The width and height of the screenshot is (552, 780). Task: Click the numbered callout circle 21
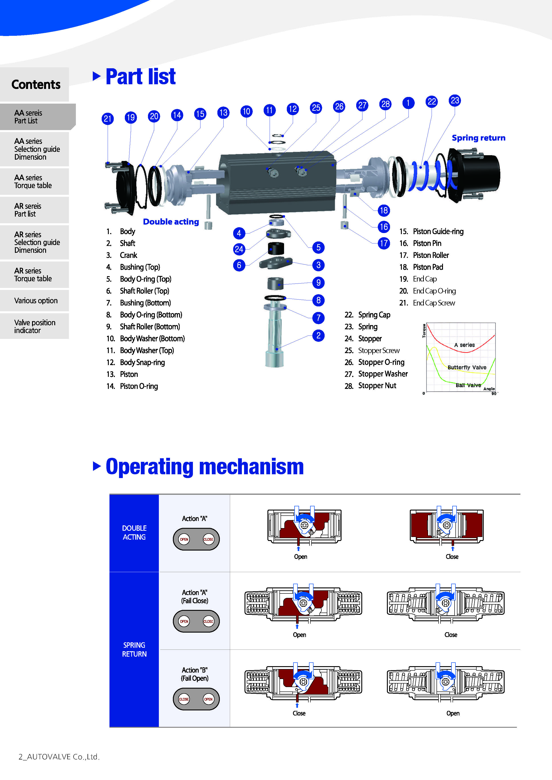click(x=108, y=119)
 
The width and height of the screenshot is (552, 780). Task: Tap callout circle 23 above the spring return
click(x=455, y=101)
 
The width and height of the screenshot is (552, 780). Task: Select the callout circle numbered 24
click(x=239, y=249)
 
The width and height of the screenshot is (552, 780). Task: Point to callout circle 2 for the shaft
click(x=318, y=336)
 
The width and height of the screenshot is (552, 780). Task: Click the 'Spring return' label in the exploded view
click(x=478, y=138)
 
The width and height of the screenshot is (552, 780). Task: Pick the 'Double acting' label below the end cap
click(x=171, y=222)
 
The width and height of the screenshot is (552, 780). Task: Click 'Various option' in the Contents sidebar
click(x=36, y=301)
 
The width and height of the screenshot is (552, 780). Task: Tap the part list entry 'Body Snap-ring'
click(x=142, y=362)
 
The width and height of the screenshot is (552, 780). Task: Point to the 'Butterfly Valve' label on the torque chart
click(x=467, y=368)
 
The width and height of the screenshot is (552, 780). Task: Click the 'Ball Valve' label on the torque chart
click(x=468, y=385)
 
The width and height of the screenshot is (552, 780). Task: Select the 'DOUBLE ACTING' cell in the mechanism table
click(x=134, y=533)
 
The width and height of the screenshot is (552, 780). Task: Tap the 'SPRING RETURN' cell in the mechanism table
click(x=134, y=649)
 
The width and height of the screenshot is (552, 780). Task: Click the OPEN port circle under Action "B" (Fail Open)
click(x=208, y=699)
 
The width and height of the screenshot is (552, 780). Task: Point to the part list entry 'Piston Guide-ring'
click(x=438, y=232)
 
